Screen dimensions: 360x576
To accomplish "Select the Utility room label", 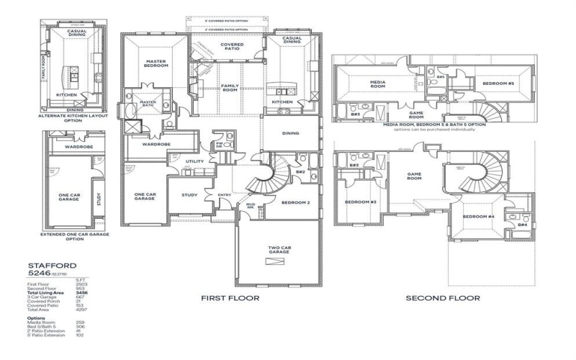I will pyautogui.click(x=194, y=161).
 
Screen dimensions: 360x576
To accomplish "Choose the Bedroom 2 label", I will pyautogui.click(x=296, y=202).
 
